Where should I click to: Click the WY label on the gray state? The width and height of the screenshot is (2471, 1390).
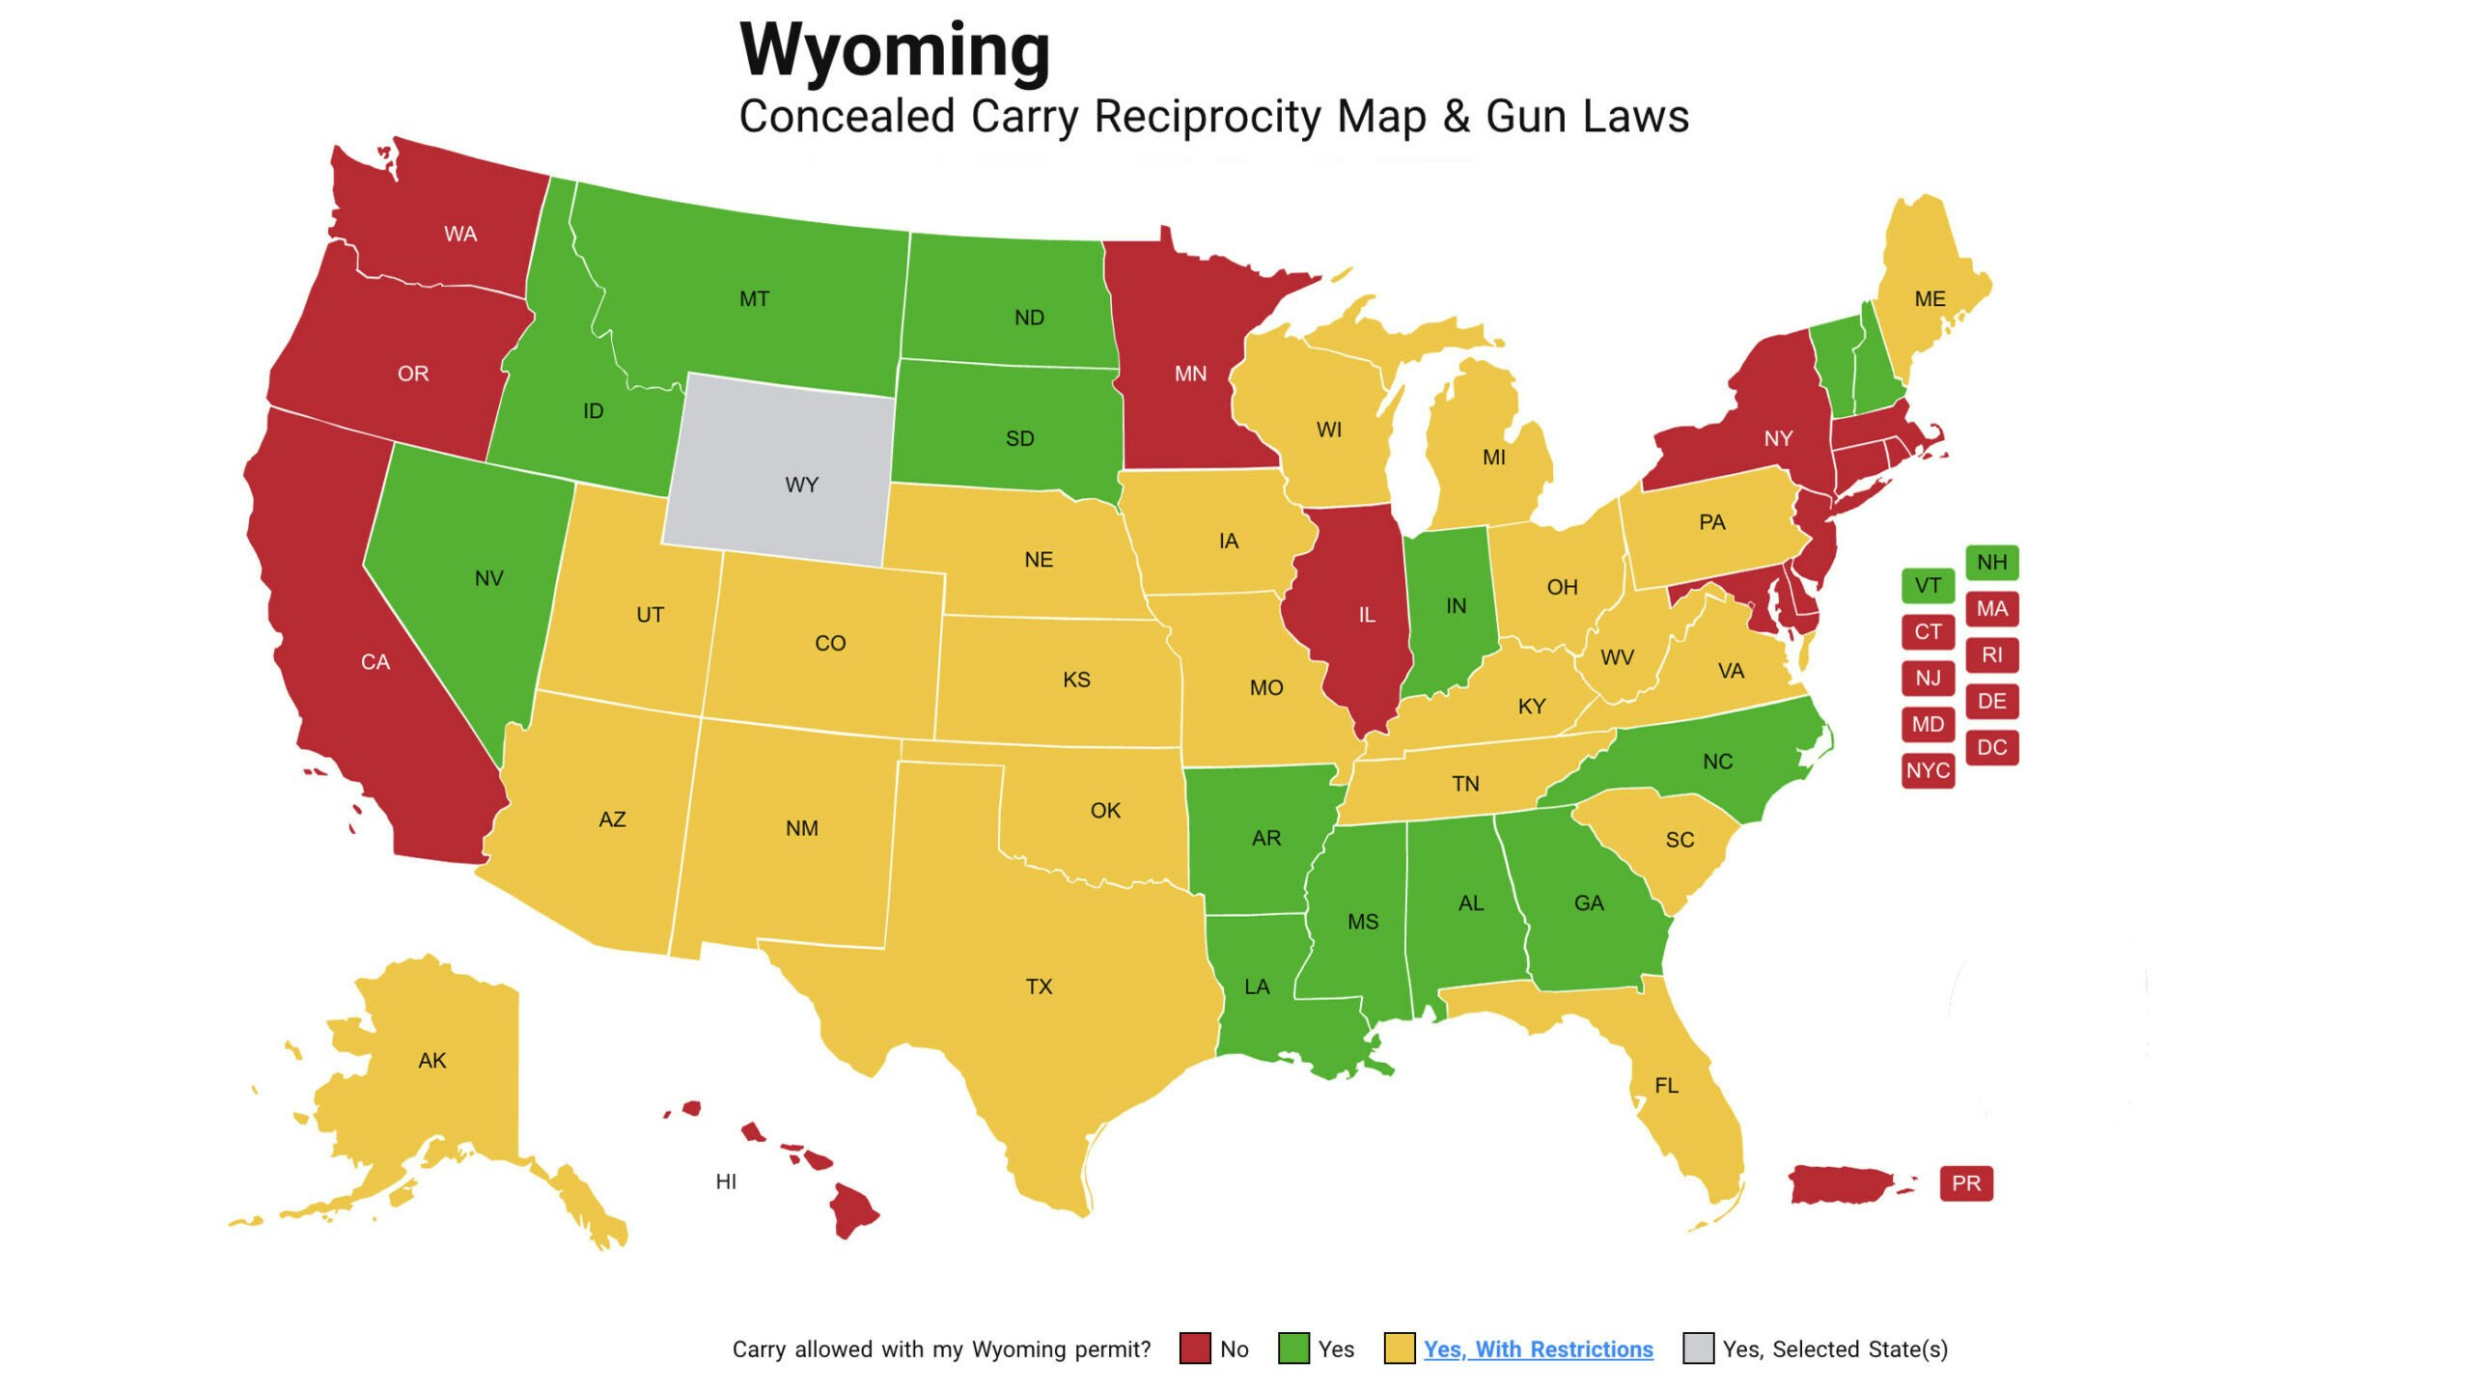[x=801, y=485]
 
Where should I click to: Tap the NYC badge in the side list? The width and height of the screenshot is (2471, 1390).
[x=1928, y=770]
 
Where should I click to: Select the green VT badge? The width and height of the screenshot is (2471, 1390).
[x=1928, y=585]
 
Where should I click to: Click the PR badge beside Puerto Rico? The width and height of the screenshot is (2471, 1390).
[x=1966, y=1183]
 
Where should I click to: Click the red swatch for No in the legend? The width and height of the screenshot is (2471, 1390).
[x=1195, y=1348]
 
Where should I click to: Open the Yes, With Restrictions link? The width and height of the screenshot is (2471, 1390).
[x=1538, y=1348]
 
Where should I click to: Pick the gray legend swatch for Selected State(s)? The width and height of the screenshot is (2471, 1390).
[x=1698, y=1348]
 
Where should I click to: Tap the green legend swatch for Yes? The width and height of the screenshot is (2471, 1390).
[x=1293, y=1348]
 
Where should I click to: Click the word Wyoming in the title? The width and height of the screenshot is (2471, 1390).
[x=894, y=50]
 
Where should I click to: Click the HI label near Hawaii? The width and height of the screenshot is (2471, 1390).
[x=726, y=1181]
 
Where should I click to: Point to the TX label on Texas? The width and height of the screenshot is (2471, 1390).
[x=1039, y=987]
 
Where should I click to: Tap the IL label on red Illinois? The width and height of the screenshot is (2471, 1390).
[x=1367, y=615]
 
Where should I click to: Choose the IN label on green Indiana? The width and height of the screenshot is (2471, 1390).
[x=1456, y=605]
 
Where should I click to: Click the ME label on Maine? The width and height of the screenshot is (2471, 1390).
[x=1930, y=299]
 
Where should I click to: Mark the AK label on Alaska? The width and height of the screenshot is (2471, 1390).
[x=431, y=1061]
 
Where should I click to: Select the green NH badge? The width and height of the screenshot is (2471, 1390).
[x=1991, y=562]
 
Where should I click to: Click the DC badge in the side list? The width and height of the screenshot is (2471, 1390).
[x=1991, y=747]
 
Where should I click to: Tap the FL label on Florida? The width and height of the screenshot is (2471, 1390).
[x=1666, y=1086]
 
